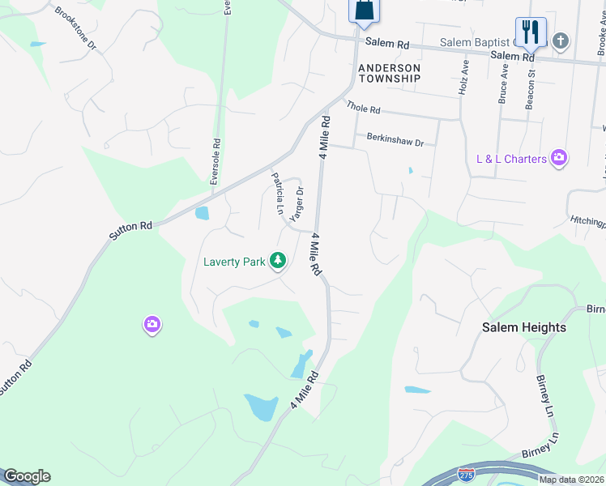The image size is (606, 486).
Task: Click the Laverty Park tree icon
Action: point(278,261)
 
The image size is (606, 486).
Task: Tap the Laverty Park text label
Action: point(235,262)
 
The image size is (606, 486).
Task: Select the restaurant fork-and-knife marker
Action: point(531,33)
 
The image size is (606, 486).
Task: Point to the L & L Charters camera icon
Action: point(558,159)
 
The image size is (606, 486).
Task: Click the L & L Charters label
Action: point(511,159)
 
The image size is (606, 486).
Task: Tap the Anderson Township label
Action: point(389,73)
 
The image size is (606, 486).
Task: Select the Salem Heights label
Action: point(524,327)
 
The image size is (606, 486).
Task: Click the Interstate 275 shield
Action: point(466,472)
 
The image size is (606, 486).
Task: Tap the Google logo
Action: point(27,476)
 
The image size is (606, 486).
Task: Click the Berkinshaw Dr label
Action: point(395,140)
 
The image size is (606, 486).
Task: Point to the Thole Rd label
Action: point(362,108)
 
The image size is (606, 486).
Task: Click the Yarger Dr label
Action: point(297,202)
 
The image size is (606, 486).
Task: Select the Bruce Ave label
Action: point(503,84)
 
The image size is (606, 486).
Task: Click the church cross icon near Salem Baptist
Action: point(561,40)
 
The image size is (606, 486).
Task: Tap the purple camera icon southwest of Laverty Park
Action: point(151,325)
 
